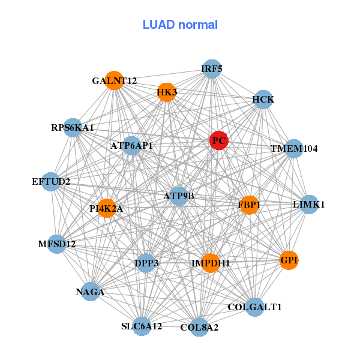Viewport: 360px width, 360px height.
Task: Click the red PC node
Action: [219, 140]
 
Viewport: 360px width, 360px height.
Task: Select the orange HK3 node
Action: [167, 92]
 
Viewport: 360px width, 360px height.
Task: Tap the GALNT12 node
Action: [114, 80]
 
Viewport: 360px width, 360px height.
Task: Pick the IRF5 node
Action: [211, 69]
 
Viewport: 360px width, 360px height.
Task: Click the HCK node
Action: [263, 99]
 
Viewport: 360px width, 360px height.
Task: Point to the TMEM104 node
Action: [293, 148]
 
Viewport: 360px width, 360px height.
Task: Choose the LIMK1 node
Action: [309, 205]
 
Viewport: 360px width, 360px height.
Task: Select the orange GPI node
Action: [289, 260]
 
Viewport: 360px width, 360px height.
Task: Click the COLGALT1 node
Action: [254, 307]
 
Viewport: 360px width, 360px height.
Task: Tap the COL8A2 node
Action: [199, 327]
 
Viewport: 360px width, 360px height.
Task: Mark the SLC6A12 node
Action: [142, 326]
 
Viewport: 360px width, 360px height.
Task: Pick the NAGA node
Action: [90, 292]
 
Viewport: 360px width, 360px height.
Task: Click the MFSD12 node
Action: [57, 244]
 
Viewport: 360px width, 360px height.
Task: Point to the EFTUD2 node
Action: [51, 181]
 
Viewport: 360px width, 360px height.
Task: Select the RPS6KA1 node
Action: [73, 127]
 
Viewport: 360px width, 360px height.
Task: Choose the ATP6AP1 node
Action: [132, 145]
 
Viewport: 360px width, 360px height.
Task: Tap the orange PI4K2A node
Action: [106, 208]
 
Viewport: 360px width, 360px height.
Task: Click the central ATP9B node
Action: [179, 196]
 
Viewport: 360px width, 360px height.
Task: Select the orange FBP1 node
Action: [248, 205]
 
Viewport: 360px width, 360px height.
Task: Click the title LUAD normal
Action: [180, 25]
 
